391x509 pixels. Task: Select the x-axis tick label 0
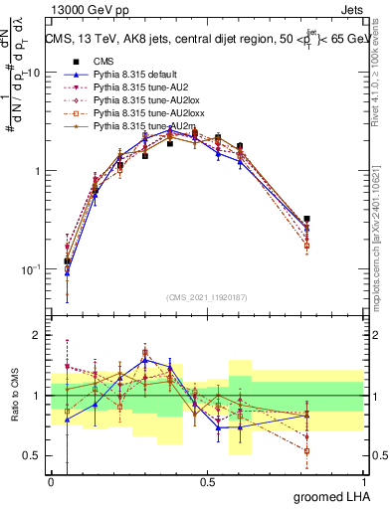point(52,481)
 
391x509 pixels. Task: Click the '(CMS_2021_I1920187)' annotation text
point(207,296)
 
